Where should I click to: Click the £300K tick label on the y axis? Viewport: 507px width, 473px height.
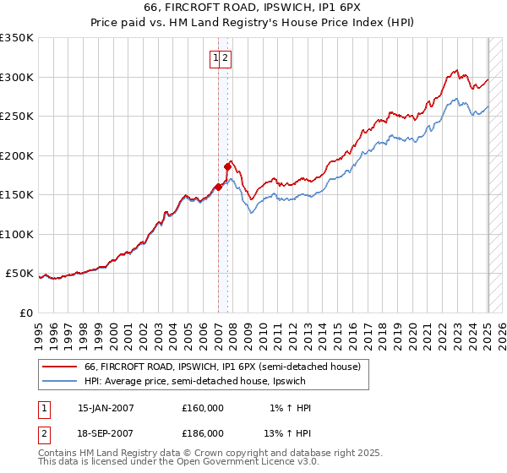coord(18,77)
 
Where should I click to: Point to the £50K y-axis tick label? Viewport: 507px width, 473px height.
coord(20,274)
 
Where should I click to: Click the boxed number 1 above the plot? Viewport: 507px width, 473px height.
coord(216,58)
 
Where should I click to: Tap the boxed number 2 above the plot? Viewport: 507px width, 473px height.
coord(226,58)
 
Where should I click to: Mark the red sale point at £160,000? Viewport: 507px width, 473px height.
coord(218,188)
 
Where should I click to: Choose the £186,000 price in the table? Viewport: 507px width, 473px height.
coord(203,432)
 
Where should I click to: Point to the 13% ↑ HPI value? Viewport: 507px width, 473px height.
coord(288,432)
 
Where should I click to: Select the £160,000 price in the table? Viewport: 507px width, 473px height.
coord(203,408)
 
